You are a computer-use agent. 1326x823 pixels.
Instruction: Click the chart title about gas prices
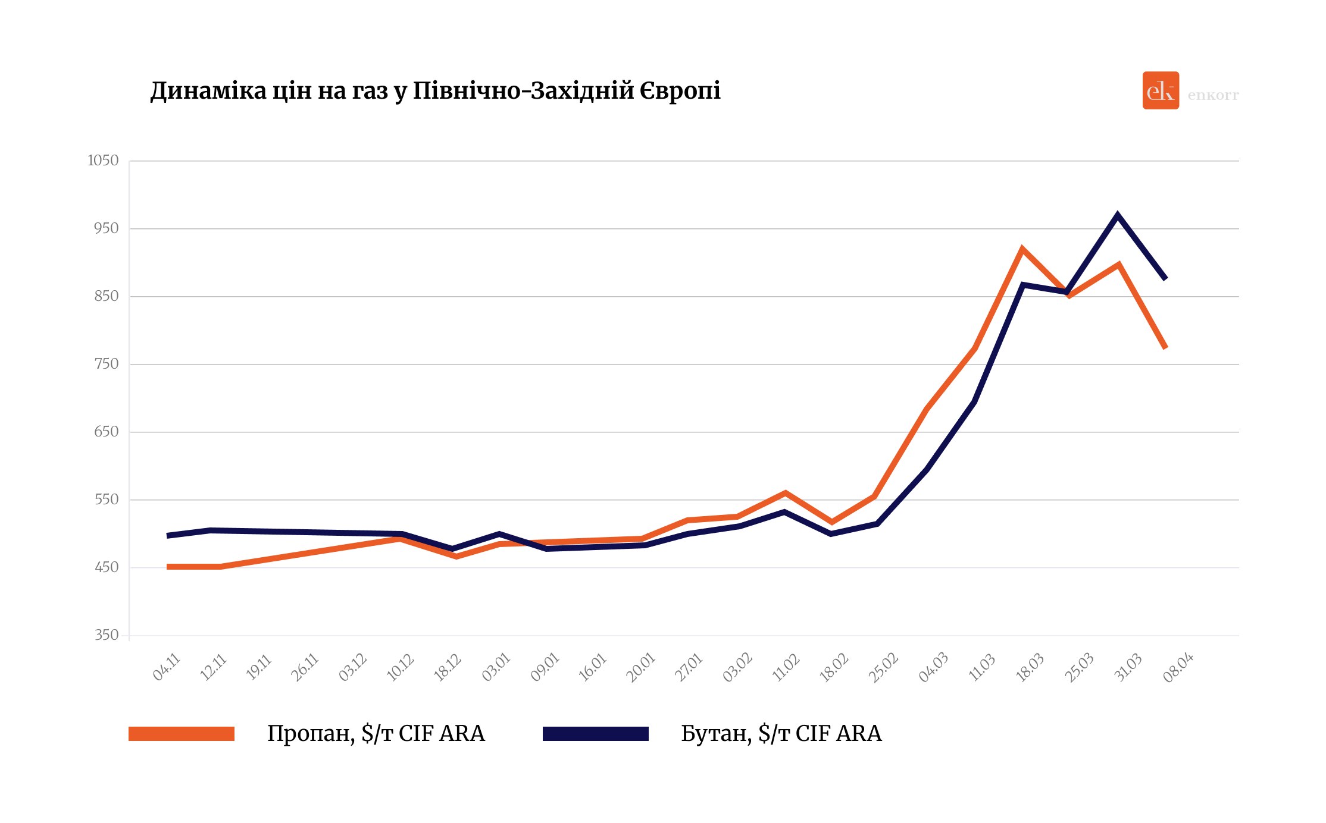[435, 91]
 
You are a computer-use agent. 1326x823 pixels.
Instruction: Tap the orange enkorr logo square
[1160, 90]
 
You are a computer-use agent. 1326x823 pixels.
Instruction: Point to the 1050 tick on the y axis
[104, 161]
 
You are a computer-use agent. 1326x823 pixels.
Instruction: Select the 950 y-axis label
[107, 228]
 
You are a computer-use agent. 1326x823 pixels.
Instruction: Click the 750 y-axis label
[107, 364]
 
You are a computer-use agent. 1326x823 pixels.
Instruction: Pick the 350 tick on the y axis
[107, 635]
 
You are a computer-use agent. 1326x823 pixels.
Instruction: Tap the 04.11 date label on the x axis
[167, 667]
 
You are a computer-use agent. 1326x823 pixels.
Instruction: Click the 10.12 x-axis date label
[401, 667]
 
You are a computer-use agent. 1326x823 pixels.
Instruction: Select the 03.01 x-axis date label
[496, 667]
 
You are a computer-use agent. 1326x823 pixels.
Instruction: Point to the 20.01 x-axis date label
[641, 667]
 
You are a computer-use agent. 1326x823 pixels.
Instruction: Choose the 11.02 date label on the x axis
[786, 667]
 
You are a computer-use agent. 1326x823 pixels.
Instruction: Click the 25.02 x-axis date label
[883, 667]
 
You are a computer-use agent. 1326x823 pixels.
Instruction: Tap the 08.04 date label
[1178, 667]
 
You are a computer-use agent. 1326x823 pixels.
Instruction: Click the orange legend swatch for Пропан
[182, 734]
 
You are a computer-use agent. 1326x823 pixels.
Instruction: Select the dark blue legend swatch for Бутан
[595, 734]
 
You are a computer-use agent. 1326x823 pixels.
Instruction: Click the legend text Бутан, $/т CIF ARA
[781, 734]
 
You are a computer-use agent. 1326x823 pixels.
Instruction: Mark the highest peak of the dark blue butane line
[1118, 215]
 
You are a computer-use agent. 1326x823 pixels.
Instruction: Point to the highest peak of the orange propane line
[1022, 249]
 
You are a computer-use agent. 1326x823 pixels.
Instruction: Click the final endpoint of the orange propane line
[1165, 348]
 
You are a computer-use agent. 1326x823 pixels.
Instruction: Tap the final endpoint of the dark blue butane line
[1165, 278]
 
